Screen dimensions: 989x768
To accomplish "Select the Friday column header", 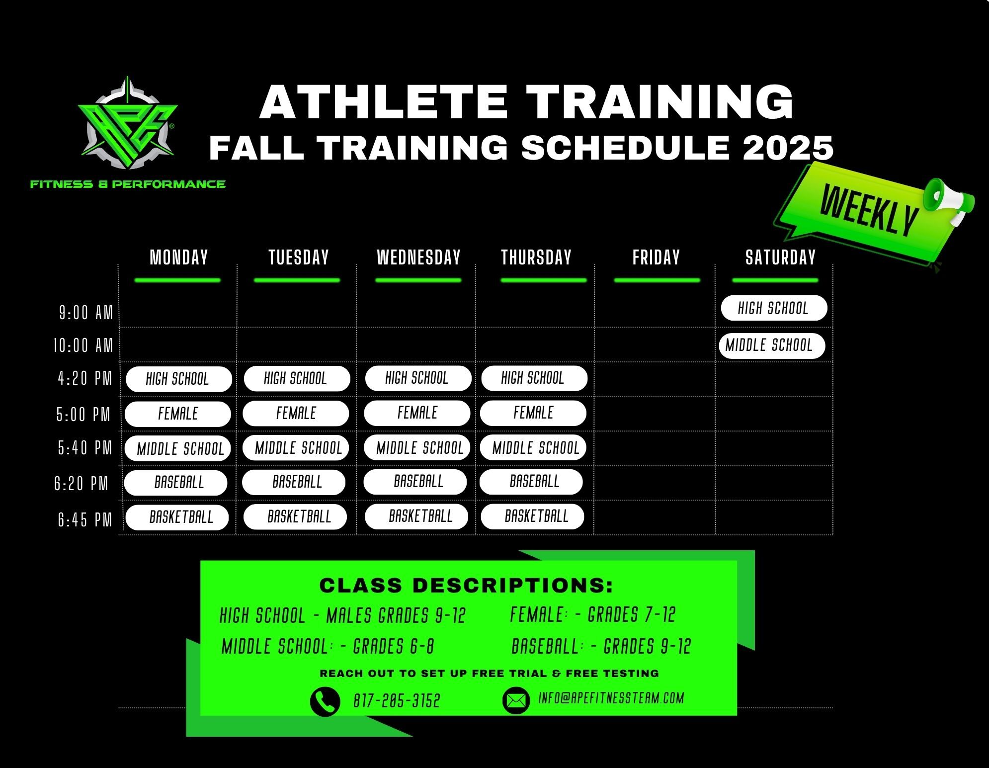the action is (656, 257).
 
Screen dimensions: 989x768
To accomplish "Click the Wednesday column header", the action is (418, 257).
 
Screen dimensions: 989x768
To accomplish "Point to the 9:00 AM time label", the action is (86, 313).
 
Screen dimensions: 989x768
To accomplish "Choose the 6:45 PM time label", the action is (85, 520).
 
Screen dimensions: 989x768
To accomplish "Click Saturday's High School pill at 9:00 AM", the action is (774, 308).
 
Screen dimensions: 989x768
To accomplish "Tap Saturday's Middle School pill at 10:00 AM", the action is (772, 345).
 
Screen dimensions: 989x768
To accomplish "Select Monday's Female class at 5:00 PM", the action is (178, 414).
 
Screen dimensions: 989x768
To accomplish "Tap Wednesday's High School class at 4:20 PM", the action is (418, 379).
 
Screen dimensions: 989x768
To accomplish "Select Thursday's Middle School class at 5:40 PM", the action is (533, 448).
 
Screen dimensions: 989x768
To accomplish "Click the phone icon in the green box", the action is (325, 701).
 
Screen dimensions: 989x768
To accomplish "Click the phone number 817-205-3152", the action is (397, 701).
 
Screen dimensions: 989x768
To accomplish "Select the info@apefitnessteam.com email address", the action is (611, 698).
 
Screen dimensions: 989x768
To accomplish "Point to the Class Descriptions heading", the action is (466, 586).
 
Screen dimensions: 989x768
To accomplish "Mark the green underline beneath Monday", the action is (177, 280).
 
